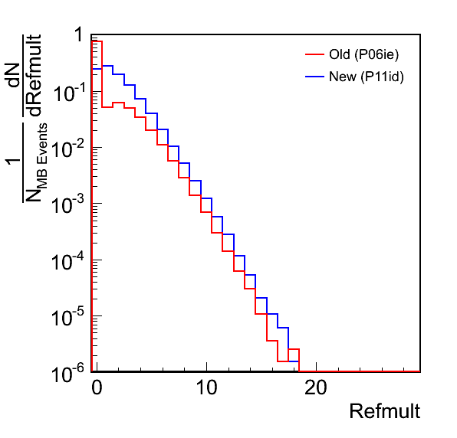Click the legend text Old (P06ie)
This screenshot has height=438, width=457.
pos(363,54)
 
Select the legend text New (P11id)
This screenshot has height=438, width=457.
pos(367,77)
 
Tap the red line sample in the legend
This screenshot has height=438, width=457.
pos(315,54)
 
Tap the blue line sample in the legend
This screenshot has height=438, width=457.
pos(315,77)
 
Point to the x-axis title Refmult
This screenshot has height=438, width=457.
pos(385,411)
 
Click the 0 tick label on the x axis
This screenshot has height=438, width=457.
pos(97,387)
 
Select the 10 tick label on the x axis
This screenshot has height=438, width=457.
pos(206,387)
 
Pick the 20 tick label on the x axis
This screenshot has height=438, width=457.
pos(316,387)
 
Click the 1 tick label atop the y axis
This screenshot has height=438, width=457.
pos(79,35)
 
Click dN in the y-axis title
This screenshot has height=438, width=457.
pos(13,75)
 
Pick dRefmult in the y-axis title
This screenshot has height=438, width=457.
pos(34,75)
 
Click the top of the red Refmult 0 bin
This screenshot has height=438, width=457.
pos(97,41)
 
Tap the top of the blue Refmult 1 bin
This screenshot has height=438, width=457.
pos(107,66)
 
